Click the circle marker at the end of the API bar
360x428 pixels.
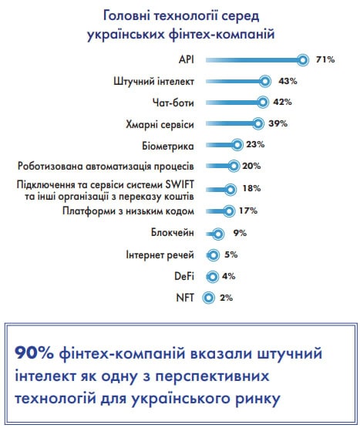coord(302,60)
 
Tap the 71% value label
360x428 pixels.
coord(325,59)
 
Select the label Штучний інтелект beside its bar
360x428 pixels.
coord(153,81)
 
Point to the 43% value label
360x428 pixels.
coord(288,81)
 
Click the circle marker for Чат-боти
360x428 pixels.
coord(262,102)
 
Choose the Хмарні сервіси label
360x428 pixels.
coord(160,124)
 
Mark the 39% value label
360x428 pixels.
coord(278,123)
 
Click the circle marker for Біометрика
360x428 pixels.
coord(237,145)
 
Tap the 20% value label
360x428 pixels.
coord(251,166)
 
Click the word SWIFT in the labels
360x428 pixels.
coord(180,184)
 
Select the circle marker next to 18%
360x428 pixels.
coord(230,189)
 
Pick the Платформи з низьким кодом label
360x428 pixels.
coord(128,211)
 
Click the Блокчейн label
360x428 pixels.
coord(173,233)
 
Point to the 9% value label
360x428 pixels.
coord(240,233)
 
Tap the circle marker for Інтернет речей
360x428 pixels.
coord(213,255)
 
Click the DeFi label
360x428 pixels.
coord(184,276)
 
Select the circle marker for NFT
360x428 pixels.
coord(208,297)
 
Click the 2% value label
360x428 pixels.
coord(227,298)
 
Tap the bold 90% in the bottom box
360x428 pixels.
coord(34,353)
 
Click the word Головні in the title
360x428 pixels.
coord(126,16)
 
